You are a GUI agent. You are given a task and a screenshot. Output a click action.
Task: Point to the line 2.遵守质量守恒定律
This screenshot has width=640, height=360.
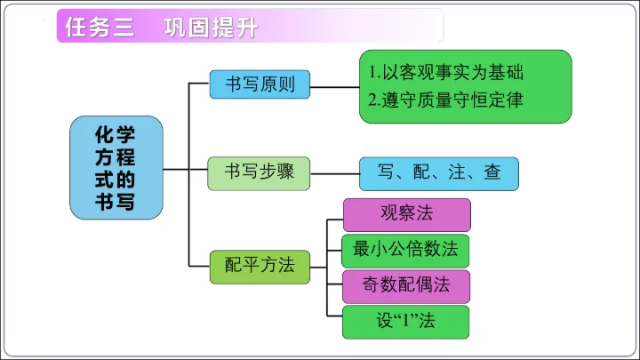click(445, 100)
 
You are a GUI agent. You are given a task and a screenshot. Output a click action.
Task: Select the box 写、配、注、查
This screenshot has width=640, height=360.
click(438, 172)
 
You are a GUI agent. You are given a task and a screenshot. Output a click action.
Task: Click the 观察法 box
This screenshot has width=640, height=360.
click(406, 213)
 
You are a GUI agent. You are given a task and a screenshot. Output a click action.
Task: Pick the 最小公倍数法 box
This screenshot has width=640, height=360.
click(406, 250)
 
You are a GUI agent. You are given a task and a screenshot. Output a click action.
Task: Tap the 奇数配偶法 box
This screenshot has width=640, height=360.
click(406, 285)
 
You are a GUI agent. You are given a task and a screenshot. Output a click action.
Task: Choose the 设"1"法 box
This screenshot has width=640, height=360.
click(406, 320)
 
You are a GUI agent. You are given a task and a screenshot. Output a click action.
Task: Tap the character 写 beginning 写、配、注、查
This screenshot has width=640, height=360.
click(385, 172)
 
